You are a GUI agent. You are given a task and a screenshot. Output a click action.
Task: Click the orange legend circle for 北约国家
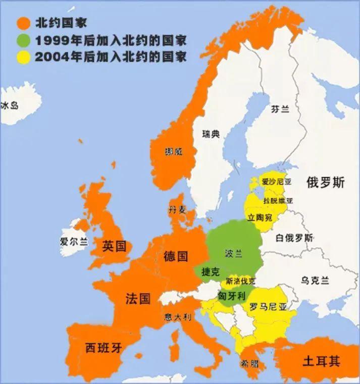(23, 22)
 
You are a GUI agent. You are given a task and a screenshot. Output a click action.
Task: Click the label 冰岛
(9, 105)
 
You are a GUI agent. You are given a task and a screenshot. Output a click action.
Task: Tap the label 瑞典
(211, 134)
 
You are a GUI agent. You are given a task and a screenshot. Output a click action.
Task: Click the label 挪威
(174, 151)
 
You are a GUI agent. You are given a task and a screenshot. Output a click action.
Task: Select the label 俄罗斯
(325, 183)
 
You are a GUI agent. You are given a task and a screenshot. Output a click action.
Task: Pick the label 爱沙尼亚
(276, 182)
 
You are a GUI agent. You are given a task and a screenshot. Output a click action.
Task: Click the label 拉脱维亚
(278, 200)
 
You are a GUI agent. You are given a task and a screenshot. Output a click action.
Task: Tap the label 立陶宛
(260, 217)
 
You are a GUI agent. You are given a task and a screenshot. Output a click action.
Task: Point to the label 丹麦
(178, 209)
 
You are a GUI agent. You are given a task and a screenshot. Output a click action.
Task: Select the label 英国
(114, 246)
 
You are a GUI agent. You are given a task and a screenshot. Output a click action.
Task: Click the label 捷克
(211, 272)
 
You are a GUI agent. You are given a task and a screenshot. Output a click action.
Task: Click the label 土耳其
(321, 361)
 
